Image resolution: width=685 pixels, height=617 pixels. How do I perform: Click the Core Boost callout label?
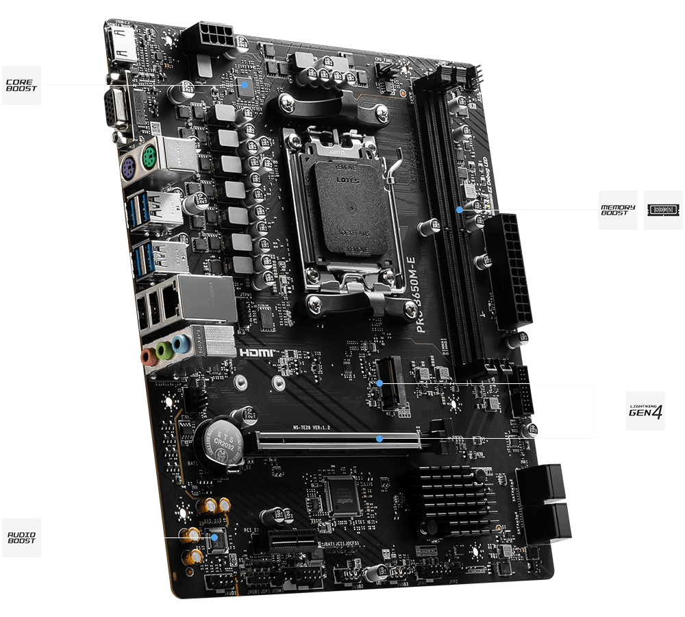21,85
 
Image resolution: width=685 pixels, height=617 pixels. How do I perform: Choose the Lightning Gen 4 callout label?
646,411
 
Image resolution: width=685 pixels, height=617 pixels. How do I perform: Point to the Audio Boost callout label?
21,537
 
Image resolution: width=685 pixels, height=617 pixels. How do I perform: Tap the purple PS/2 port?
127,165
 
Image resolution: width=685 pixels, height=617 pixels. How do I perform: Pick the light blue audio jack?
179,343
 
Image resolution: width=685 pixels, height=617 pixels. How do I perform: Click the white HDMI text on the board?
257,353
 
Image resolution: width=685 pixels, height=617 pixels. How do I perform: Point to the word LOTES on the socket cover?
347,180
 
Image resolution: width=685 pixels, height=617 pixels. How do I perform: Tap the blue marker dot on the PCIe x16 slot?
379,438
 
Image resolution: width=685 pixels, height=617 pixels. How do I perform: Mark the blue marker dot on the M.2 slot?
379,383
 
